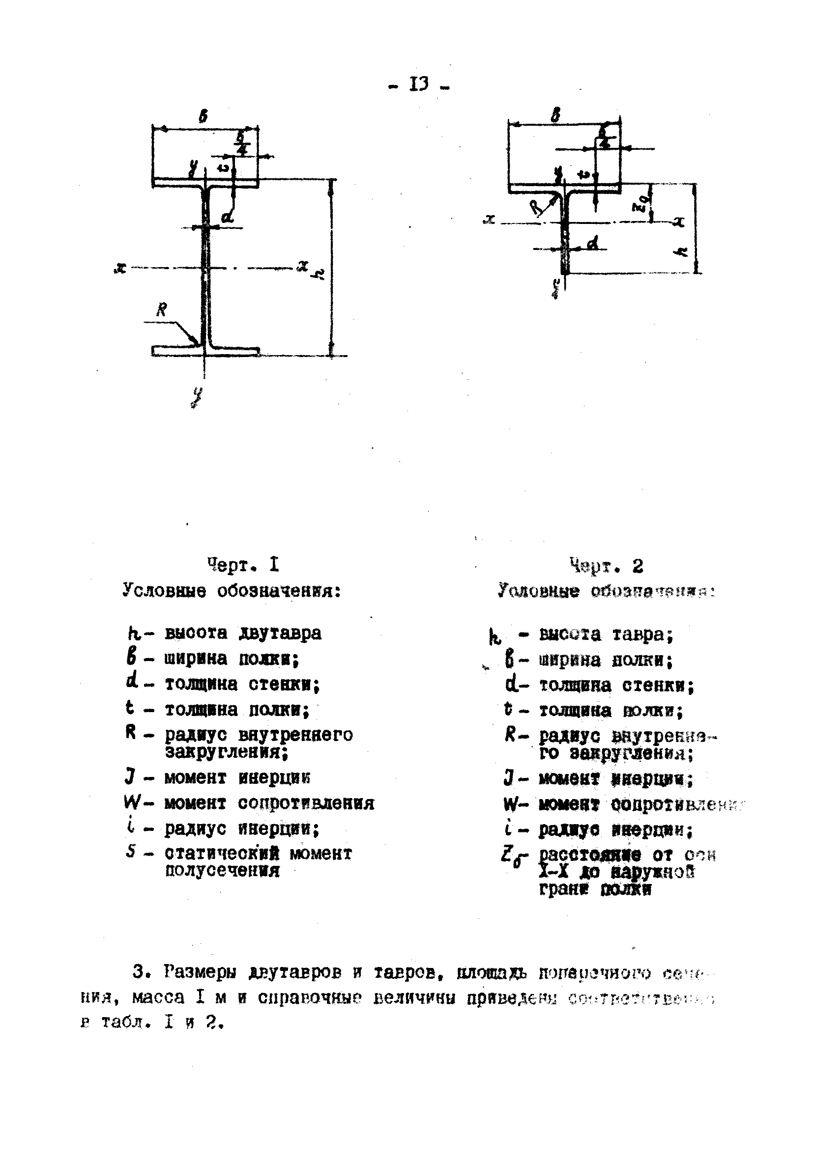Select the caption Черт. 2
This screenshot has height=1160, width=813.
coord(606,566)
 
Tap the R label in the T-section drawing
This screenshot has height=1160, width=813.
coord(537,207)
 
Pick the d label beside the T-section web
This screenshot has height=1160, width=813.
coord(593,244)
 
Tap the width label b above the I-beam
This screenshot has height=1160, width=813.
coord(203,117)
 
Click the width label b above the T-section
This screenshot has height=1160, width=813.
coord(555,116)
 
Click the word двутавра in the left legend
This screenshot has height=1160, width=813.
coord(280,633)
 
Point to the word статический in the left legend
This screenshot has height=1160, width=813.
coord(223,854)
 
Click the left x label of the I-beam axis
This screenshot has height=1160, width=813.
coord(120,268)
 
